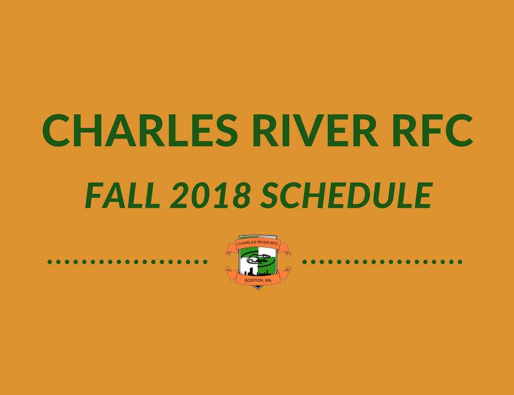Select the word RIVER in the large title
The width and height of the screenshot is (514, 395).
pos(316,130)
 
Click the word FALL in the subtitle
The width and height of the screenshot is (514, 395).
pos(122,195)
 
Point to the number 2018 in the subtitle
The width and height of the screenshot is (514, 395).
pos(211,195)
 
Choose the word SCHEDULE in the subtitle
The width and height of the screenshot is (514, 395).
pos(347,195)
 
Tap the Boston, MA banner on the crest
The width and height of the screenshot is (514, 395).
pos(258,281)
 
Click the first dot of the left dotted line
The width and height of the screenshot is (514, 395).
pos(50,262)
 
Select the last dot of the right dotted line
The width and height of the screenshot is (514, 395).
pos(460,262)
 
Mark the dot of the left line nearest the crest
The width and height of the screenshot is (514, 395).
pos(205,262)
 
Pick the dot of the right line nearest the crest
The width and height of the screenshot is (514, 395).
pos(305,262)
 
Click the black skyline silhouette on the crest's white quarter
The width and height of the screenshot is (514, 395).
pos(249,272)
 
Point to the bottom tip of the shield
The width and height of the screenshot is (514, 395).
pos(258,289)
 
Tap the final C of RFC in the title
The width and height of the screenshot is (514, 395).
pos(459,130)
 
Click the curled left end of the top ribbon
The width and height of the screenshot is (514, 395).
pos(230,249)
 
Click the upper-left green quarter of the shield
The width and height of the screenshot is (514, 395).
pos(248,252)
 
